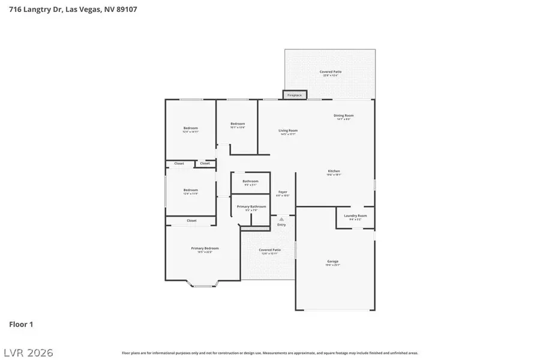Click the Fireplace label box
[295, 95]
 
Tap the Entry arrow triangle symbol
[281, 220]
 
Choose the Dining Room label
[344, 116]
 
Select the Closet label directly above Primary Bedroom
[191, 221]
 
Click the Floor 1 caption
[21, 324]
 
